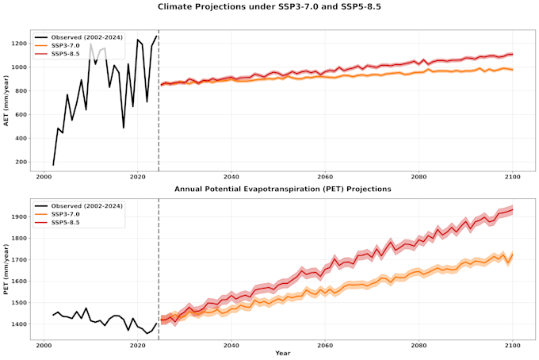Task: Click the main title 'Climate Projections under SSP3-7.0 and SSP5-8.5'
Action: tap(269, 6)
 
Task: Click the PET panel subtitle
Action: tap(282, 189)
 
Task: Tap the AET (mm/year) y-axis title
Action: tap(6, 101)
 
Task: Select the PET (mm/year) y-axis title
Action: tap(6, 270)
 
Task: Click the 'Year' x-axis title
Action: tap(282, 353)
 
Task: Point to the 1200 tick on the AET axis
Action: tap(19, 44)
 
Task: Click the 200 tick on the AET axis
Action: tap(21, 162)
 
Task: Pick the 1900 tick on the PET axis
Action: tap(19, 216)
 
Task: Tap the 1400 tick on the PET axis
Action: tap(19, 324)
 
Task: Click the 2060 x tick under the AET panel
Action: tap(325, 177)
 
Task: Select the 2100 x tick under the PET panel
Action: tap(513, 345)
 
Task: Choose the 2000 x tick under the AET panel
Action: tap(44, 177)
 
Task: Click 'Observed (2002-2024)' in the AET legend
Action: tap(86, 37)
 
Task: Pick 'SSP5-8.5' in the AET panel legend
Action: tap(65, 54)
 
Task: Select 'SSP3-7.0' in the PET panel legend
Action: tap(65, 214)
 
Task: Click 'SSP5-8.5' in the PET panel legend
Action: tap(65, 223)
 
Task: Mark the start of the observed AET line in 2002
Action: tap(53, 165)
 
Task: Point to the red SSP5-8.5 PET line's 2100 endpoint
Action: tap(513, 210)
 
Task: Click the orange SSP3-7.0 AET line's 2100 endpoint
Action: tap(513, 70)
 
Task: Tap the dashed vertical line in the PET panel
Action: tap(159, 270)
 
